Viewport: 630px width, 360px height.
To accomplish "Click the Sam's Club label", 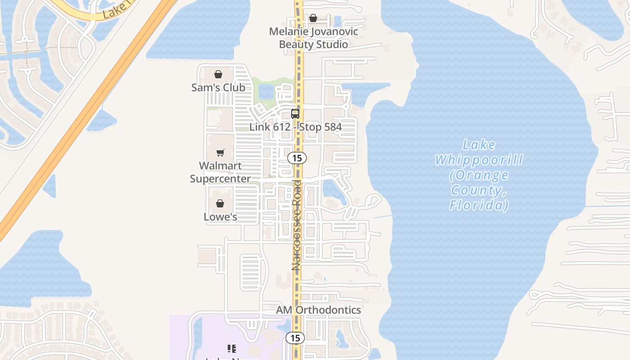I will pos(218,87).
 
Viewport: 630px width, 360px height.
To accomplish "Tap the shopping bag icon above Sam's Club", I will pos(218,74).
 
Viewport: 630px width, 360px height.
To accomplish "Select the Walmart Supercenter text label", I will pos(220,172).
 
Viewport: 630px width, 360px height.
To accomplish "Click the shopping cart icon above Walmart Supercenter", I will pos(220,153).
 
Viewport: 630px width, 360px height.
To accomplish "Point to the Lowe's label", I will pos(220,217).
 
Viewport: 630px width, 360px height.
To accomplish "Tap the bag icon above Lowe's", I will pos(220,204).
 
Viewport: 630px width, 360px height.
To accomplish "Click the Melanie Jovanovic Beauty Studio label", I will pos(314,38).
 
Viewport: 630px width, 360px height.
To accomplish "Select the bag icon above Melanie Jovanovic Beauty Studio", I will pos(313,18).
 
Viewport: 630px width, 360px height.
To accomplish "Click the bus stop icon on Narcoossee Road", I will pos(295,114).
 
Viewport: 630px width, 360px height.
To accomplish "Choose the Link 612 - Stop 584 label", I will pos(296,127).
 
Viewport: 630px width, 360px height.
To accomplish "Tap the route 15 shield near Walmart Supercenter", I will pos(297,158).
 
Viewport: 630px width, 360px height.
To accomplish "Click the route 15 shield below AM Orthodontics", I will pos(295,338).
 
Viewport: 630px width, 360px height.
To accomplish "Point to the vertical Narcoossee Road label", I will pos(296,225).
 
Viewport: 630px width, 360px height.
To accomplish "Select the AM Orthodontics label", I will pos(318,310).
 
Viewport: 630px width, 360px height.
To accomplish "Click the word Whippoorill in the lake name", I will pos(479,160).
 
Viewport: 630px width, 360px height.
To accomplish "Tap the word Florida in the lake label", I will pos(479,206).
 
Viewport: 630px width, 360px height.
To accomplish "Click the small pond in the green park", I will pos(266,91).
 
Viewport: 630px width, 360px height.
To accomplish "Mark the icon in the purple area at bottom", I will pos(232,348).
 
